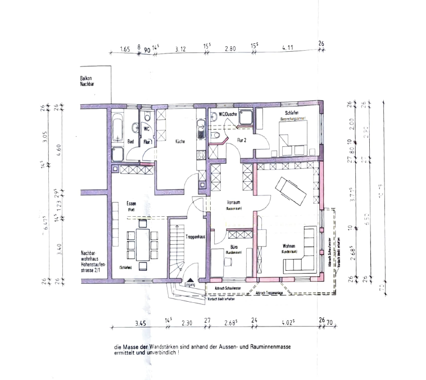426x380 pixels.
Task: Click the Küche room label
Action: [x=180, y=142]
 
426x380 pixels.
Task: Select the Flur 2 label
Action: [x=243, y=140]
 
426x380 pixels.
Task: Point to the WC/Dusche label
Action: [x=228, y=114]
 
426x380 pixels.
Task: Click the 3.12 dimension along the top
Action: [x=180, y=50]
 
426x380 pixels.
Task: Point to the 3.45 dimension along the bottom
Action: [x=140, y=323]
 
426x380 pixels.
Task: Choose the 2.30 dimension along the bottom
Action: [x=187, y=323]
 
